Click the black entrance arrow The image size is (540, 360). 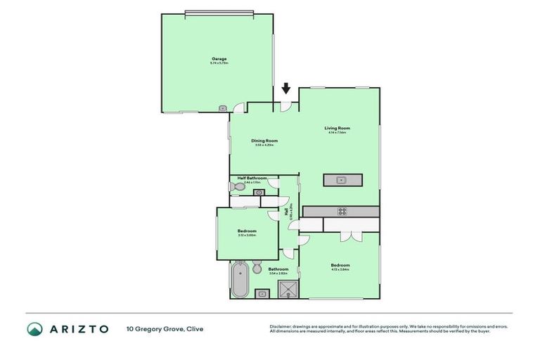[x=285, y=89]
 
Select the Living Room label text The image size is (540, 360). [x=337, y=128]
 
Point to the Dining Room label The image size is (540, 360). [x=265, y=141]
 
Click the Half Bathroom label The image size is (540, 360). [x=252, y=179]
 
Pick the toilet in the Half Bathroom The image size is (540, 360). [x=236, y=186]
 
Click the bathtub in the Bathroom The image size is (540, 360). [x=238, y=279]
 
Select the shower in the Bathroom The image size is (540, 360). [x=288, y=288]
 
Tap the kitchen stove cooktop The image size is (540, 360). [x=342, y=211]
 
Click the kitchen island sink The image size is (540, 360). [x=342, y=180]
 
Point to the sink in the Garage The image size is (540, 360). [x=222, y=108]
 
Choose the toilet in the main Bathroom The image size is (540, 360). [x=257, y=267]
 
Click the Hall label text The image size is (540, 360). [x=286, y=211]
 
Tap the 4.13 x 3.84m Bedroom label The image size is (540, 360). [x=340, y=266]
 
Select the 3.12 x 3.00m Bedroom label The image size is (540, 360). [x=247, y=231]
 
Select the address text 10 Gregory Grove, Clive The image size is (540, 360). [x=165, y=328]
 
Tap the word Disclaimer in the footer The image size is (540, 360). [x=281, y=326]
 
